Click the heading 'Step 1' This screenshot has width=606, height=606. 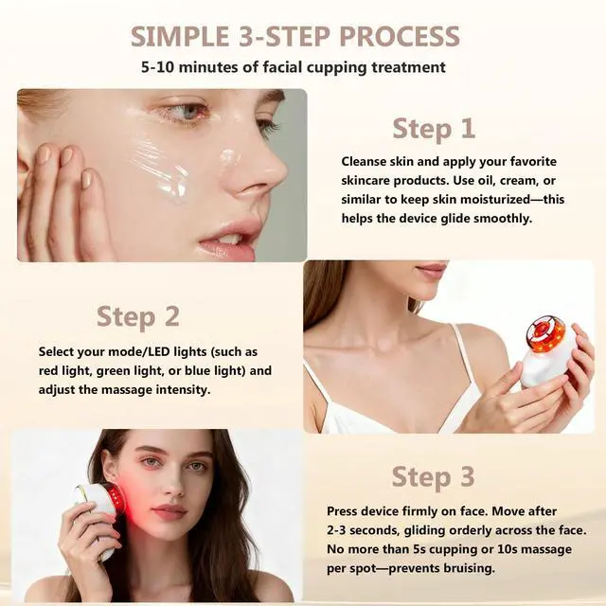coord(434,128)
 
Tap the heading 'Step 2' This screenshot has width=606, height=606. coord(138,315)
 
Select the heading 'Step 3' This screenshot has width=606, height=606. coord(434,476)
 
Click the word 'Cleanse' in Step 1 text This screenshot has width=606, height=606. coord(365,161)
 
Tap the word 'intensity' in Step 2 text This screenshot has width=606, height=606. coord(183,389)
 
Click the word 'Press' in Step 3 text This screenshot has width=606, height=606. coord(344,511)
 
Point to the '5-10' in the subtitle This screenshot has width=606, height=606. coord(160,67)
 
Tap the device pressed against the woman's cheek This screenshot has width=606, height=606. coord(101,506)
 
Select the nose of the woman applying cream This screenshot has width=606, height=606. coord(261,170)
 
